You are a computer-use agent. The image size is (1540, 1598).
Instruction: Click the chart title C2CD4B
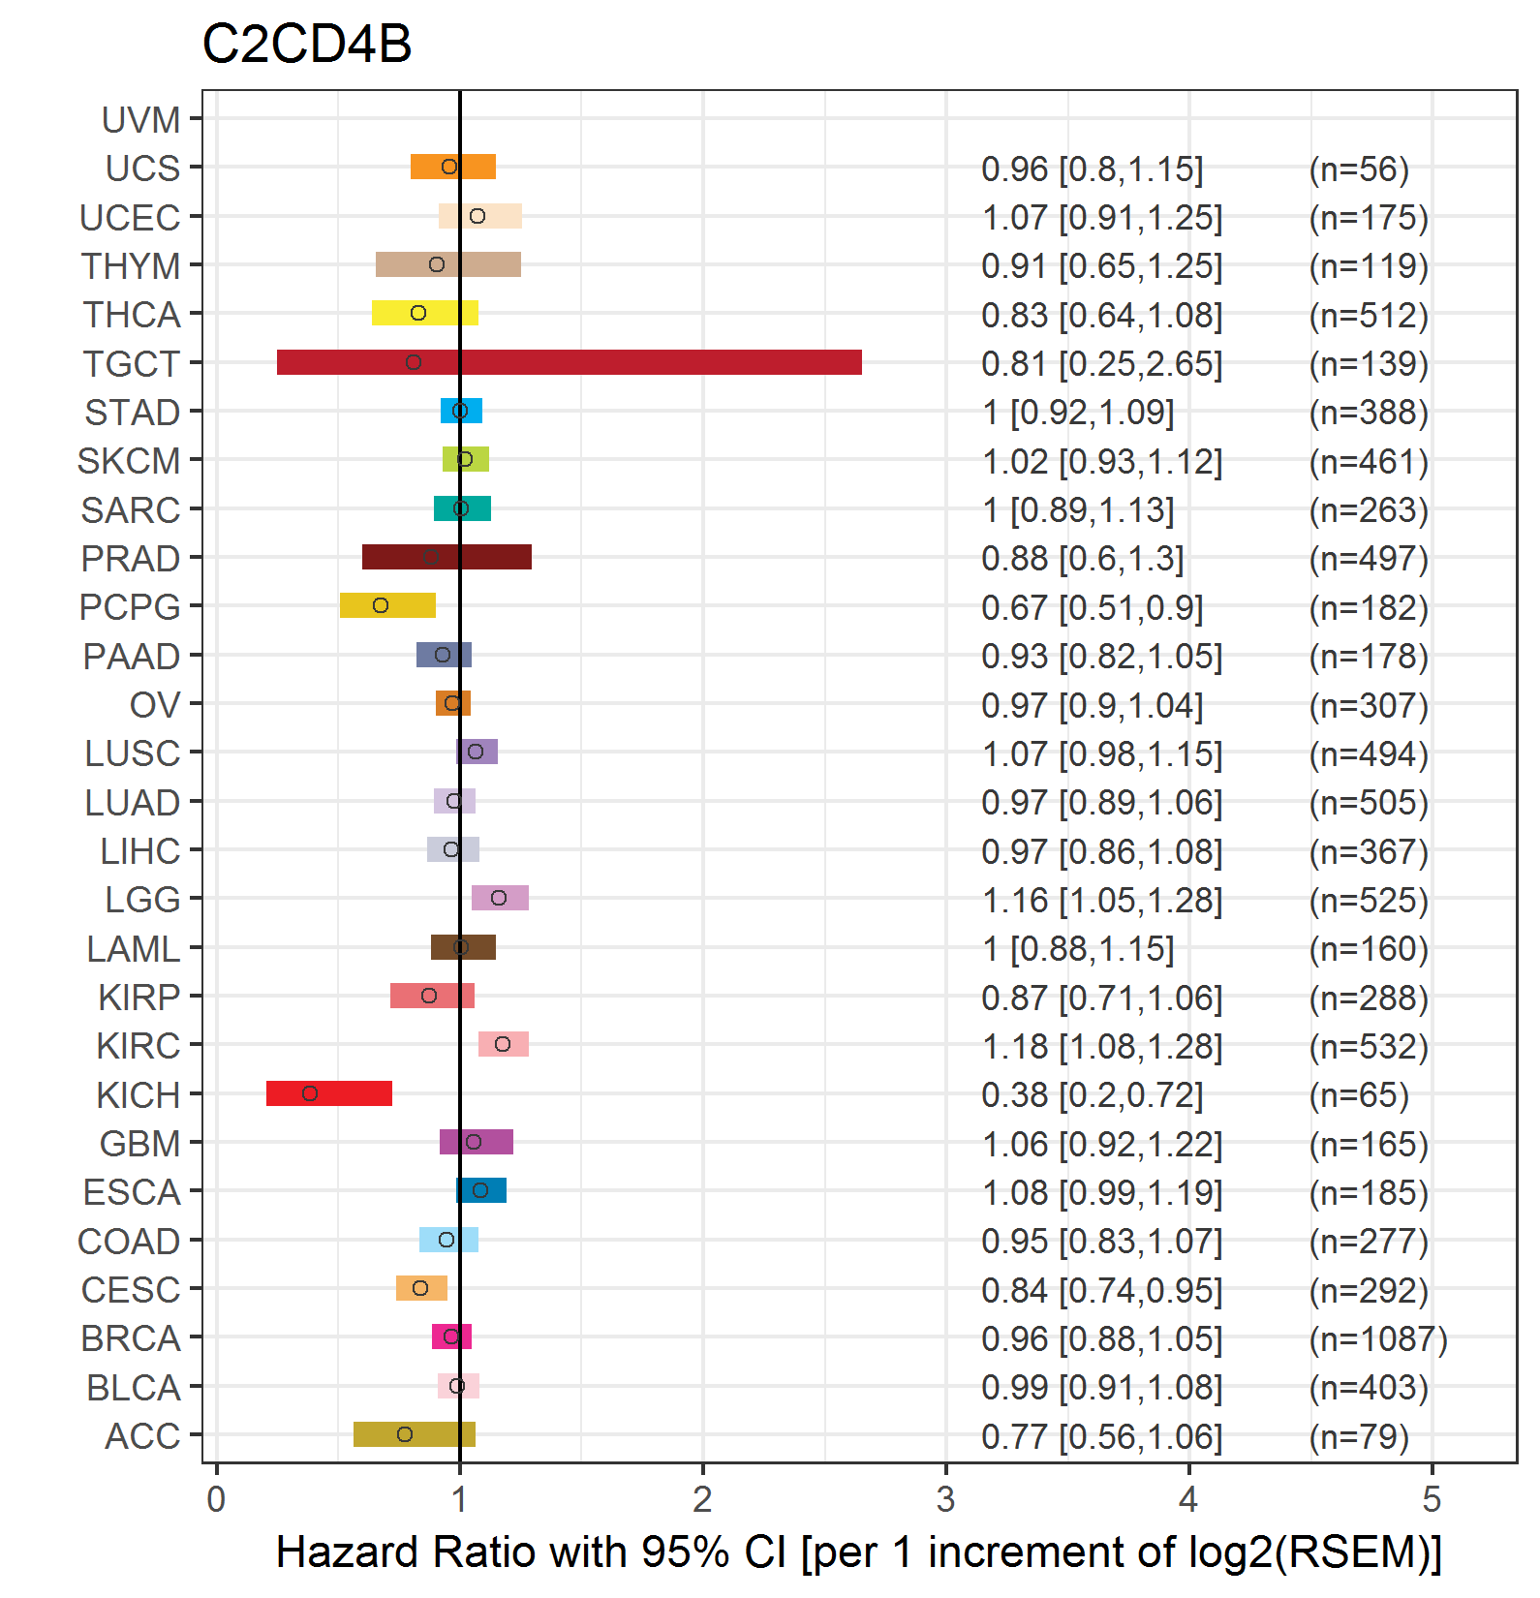[x=307, y=45]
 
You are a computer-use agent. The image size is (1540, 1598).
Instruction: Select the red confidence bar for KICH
[x=329, y=1093]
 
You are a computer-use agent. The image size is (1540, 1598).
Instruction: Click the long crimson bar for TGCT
[x=570, y=362]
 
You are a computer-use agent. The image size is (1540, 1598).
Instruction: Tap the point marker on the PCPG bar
[x=381, y=605]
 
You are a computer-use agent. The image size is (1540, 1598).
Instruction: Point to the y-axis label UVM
[x=141, y=120]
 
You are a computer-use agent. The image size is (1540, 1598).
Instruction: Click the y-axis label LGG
[x=142, y=900]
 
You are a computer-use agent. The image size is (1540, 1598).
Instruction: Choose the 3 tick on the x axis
[x=945, y=1499]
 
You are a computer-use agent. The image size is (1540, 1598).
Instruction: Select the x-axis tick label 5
[x=1432, y=1499]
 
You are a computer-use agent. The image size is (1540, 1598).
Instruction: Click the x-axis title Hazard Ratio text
[x=858, y=1552]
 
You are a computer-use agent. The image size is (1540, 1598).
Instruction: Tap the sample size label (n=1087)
[x=1377, y=1338]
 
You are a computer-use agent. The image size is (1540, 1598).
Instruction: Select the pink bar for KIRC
[x=504, y=1044]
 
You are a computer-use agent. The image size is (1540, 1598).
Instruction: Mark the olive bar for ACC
[x=415, y=1434]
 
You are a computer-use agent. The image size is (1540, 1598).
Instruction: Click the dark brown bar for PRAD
[x=447, y=557]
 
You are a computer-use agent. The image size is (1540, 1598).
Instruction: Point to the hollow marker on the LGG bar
[x=499, y=898]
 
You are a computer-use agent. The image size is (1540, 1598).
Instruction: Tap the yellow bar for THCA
[x=425, y=313]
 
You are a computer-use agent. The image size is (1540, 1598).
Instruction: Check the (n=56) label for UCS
[x=1358, y=169]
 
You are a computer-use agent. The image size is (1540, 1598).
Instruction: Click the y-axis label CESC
[x=131, y=1290]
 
